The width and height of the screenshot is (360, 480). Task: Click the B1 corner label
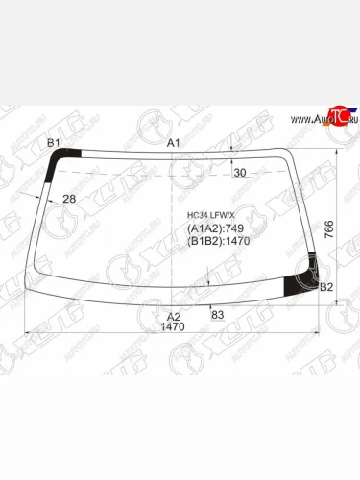[x=54, y=143]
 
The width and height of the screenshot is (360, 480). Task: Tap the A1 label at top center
[x=174, y=143]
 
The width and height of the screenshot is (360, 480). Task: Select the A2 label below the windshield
[x=174, y=317]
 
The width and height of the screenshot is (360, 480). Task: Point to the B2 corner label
[x=326, y=287]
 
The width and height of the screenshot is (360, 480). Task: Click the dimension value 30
[x=240, y=173]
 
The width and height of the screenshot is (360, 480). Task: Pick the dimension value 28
[x=69, y=199]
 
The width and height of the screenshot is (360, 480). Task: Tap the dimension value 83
[x=218, y=315]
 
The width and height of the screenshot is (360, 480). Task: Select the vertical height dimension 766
[x=329, y=229]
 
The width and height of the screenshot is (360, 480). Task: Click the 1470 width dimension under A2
[x=173, y=326]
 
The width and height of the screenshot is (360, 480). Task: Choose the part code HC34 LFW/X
[x=210, y=215]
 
